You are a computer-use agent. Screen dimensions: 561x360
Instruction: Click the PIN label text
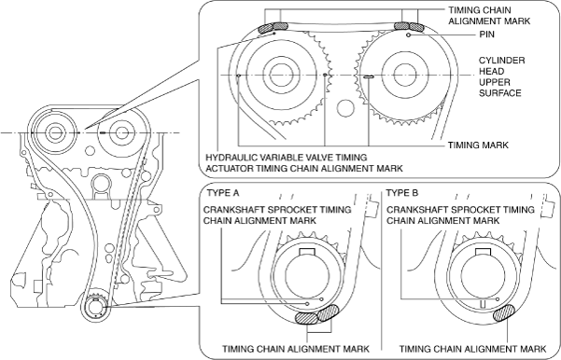(x=486, y=35)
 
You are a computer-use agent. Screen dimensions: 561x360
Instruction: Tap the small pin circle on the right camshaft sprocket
(x=408, y=35)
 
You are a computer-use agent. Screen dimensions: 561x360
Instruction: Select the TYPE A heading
(x=223, y=193)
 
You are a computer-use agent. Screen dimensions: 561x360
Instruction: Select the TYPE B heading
(x=402, y=193)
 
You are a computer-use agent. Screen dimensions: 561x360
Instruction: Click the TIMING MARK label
(x=478, y=145)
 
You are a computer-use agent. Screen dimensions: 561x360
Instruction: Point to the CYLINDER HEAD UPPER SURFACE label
(x=501, y=76)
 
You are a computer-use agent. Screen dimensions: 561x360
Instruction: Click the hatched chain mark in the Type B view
(x=504, y=312)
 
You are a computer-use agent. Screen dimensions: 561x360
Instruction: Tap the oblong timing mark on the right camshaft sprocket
(x=369, y=76)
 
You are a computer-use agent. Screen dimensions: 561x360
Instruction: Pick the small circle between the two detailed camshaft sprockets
(x=345, y=107)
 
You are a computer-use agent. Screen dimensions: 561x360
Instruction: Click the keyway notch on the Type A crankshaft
(x=305, y=252)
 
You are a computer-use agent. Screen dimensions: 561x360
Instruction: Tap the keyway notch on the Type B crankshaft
(x=482, y=252)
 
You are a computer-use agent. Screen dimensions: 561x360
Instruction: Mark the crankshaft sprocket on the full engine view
(x=96, y=305)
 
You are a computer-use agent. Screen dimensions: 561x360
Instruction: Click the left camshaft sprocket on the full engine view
(x=54, y=132)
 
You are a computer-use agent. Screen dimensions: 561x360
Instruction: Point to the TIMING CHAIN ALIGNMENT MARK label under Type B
(x=472, y=349)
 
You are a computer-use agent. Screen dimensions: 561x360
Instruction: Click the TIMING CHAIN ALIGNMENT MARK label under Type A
(x=296, y=349)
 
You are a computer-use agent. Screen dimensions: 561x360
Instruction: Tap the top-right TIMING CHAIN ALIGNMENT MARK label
(x=489, y=15)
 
